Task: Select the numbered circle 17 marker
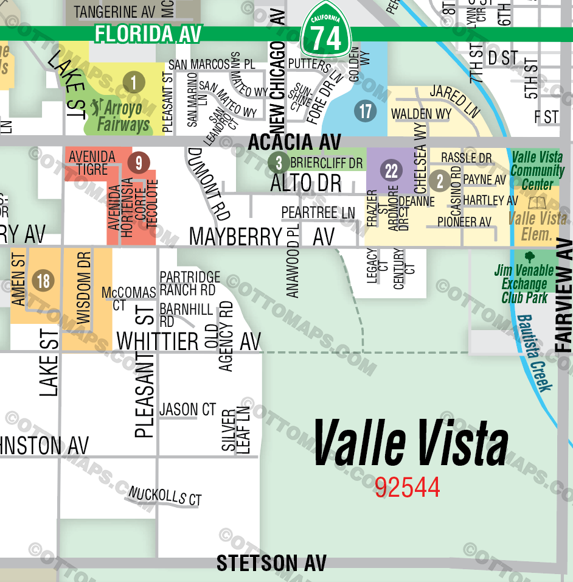[365, 111]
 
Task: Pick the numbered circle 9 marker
[139, 163]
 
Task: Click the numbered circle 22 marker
[391, 171]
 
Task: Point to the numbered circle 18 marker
[43, 281]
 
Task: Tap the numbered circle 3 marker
[279, 163]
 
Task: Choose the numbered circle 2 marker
[439, 181]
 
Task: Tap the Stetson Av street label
[271, 563]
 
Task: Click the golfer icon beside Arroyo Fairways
[95, 108]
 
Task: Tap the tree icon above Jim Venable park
[529, 257]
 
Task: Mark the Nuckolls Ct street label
[165, 496]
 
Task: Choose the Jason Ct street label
[187, 410]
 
